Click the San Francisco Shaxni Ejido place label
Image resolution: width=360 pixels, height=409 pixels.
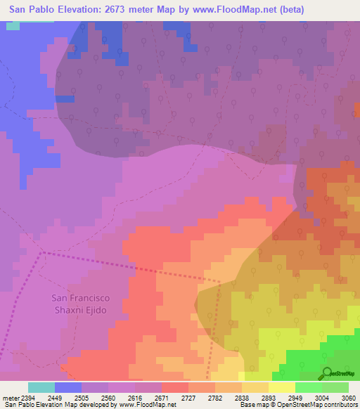pos(81,303)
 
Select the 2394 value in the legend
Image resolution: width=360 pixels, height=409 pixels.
pos(27,397)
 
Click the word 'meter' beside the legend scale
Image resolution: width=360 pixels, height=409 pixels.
pos(9,397)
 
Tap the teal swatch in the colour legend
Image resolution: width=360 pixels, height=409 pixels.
pos(41,387)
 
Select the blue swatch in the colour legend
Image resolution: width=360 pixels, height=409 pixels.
pos(67,387)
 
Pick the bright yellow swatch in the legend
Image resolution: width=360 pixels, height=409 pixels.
pos(281,387)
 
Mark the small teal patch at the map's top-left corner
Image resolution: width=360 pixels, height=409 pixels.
pos(13,25)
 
